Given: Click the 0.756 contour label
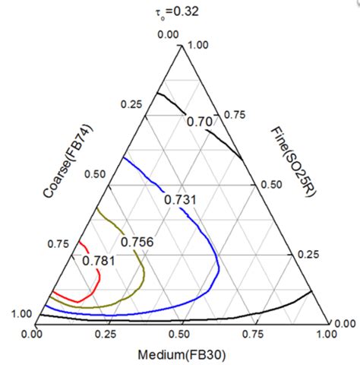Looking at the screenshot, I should (137, 242).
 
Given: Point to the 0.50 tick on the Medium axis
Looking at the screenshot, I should (180, 333).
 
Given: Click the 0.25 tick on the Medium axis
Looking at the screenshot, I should (106, 333).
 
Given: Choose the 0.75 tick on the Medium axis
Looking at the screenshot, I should (254, 333).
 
